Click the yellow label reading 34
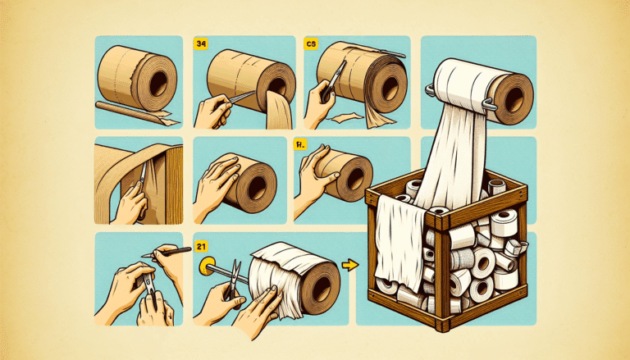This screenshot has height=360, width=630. [x=200, y=43]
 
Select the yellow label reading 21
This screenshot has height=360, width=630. [x=200, y=246]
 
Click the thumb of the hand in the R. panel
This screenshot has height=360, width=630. [x=327, y=158]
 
